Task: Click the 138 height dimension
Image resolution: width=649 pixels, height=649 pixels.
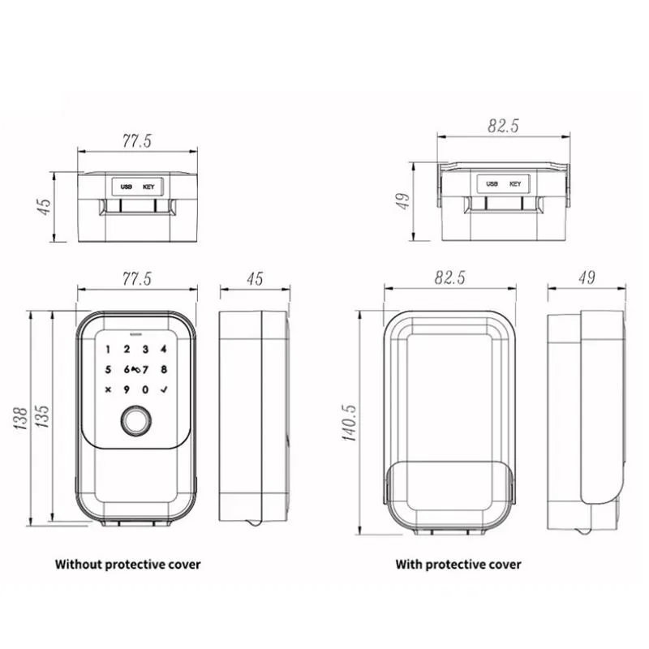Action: click(20, 418)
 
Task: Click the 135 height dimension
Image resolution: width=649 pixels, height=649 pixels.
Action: click(42, 416)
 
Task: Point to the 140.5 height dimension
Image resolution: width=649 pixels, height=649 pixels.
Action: click(349, 423)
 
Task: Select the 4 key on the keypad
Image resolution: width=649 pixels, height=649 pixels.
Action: click(164, 349)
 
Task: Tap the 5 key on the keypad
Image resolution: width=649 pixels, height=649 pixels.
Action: click(108, 369)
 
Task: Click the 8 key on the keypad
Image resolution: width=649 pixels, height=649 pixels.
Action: click(164, 369)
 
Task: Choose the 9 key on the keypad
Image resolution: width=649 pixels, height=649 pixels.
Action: click(127, 389)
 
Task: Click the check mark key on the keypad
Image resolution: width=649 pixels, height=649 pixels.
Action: click(164, 389)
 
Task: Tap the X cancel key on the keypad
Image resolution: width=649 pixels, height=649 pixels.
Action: click(108, 389)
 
